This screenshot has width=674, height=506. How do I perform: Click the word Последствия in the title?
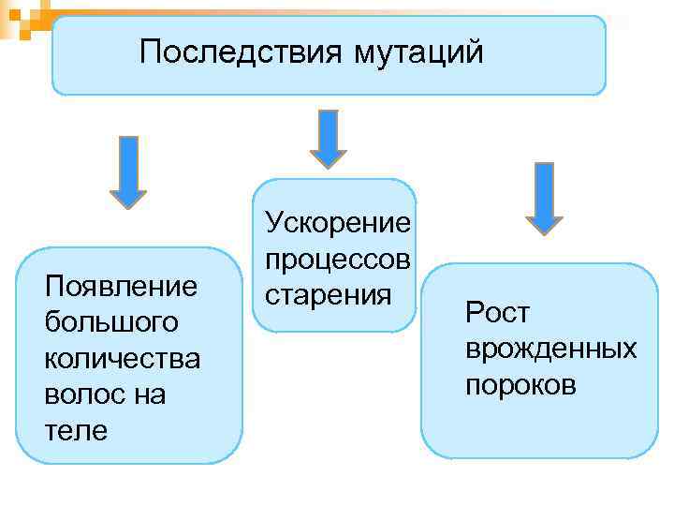(241, 52)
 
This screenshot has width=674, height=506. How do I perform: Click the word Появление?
(122, 285)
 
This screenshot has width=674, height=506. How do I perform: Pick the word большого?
(110, 321)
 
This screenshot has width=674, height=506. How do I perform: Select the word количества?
(122, 358)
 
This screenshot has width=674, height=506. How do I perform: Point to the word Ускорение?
(338, 223)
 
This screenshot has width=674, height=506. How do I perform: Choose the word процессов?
(338, 260)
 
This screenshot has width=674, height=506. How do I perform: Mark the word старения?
(327, 296)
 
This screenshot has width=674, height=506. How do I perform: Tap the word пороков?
(521, 385)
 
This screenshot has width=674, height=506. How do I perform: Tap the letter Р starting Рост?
(474, 313)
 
